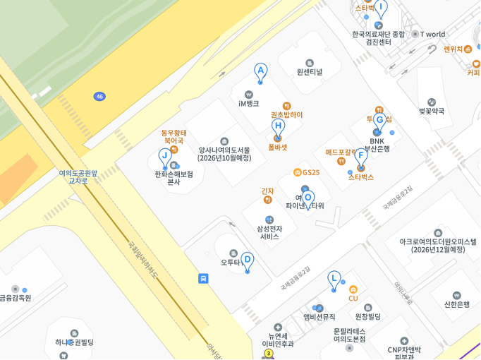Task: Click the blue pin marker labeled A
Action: (261, 72)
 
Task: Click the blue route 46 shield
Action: (99, 96)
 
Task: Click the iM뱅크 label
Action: (248, 103)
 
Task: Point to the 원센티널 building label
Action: (309, 71)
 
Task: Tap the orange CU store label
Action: (353, 298)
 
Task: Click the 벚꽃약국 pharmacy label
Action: (432, 111)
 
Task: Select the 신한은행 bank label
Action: (456, 304)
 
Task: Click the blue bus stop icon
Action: (204, 278)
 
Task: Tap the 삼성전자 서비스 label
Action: (269, 232)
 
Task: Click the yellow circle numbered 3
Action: (269, 353)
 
